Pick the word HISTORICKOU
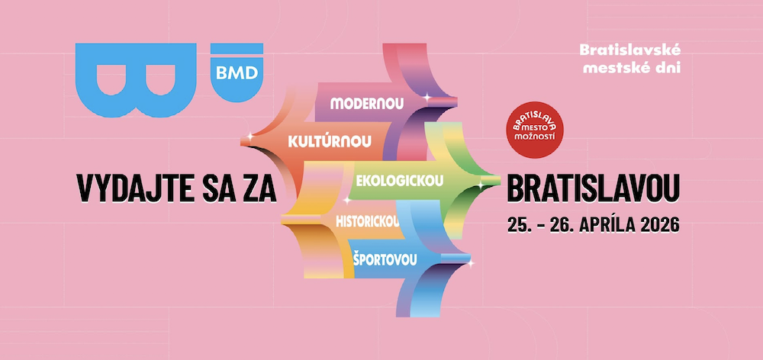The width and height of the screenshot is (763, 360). point(368,221)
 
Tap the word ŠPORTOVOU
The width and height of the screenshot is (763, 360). point(385,259)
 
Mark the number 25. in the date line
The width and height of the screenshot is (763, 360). point(518,226)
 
